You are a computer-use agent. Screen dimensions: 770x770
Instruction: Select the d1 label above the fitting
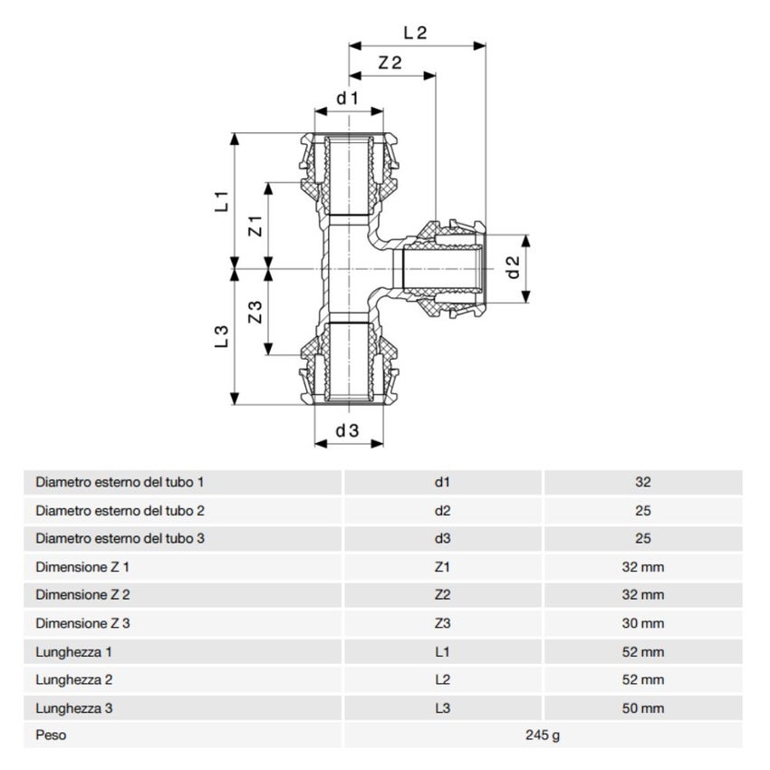[349, 97]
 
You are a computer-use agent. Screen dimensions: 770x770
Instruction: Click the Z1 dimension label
[255, 226]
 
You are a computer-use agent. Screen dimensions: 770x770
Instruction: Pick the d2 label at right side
[512, 267]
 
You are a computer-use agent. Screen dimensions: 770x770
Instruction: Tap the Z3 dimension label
[255, 313]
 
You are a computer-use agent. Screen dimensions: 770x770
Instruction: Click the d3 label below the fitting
[348, 431]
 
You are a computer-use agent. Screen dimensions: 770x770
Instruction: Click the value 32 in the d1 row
[643, 483]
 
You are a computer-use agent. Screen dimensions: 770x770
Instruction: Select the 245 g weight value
[542, 736]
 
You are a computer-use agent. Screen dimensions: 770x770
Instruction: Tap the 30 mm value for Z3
[643, 623]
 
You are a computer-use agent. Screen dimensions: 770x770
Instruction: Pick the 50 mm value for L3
[643, 707]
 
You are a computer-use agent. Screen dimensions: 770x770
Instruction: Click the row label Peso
[51, 736]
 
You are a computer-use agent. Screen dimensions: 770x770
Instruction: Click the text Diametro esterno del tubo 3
[120, 539]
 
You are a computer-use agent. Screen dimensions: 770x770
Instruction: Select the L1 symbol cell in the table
[442, 651]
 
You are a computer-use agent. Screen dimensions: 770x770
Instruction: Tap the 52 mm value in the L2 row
[643, 679]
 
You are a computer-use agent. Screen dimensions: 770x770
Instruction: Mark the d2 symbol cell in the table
[442, 511]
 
